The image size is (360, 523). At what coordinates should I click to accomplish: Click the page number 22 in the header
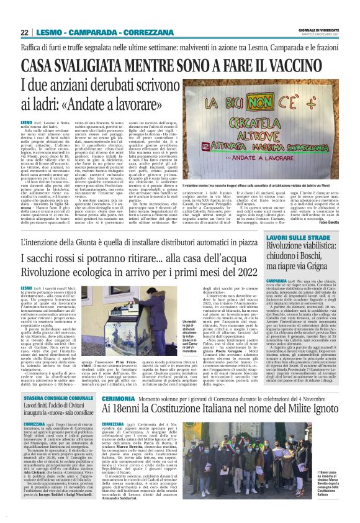(25, 33)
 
